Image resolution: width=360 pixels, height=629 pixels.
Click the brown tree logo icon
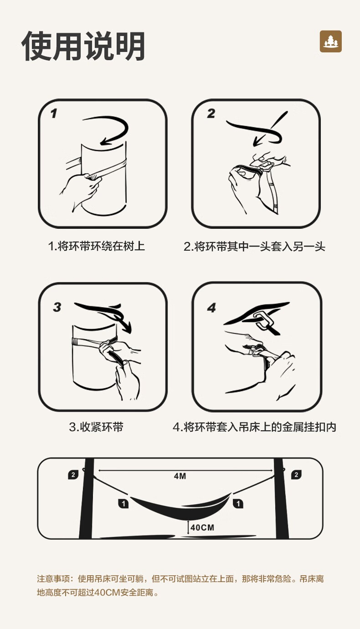coord(330,41)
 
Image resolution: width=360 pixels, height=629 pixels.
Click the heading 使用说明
coord(83,46)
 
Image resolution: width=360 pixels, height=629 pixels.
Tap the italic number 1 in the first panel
coord(54,113)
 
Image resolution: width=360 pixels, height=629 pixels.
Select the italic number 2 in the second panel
coord(211,113)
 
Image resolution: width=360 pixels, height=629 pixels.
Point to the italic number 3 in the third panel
coord(57,307)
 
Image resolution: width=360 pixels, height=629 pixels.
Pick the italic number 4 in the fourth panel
coord(211,308)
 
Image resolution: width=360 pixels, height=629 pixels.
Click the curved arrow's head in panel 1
coord(106,141)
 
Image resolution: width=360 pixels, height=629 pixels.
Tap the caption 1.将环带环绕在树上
coord(96,246)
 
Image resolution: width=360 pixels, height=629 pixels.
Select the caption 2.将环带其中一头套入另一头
coord(254,247)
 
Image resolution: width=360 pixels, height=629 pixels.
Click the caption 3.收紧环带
coord(96,427)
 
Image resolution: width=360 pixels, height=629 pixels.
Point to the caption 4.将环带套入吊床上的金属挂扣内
coord(254,427)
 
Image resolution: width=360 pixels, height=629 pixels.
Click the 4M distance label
coord(180,476)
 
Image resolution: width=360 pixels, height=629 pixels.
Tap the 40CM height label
coord(202,528)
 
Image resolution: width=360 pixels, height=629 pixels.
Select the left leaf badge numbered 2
coord(73,474)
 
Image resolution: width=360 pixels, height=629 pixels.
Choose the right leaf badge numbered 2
coord(296,474)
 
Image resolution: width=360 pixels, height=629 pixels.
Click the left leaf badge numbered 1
coord(123,504)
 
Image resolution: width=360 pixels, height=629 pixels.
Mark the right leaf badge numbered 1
coord(238,504)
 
